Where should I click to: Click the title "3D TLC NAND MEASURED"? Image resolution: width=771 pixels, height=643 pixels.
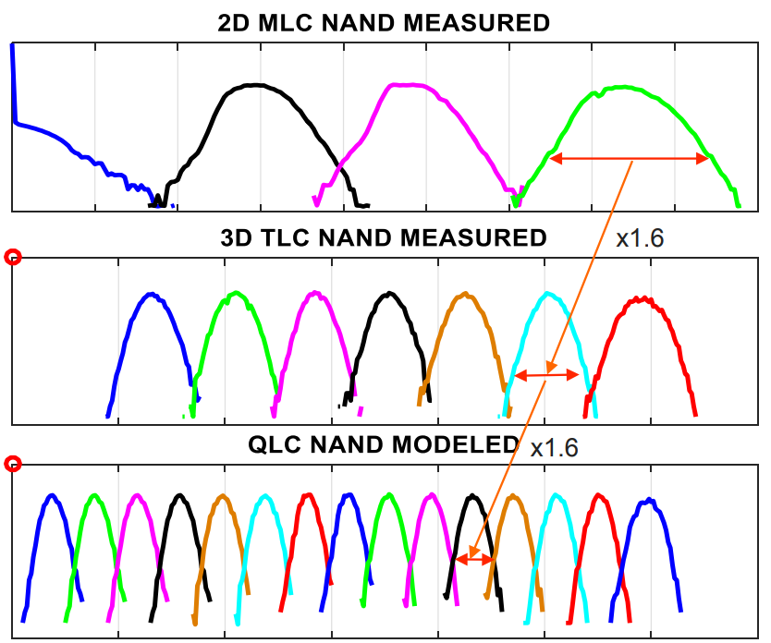click(384, 237)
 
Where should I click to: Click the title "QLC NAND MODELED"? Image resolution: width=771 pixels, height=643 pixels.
click(384, 444)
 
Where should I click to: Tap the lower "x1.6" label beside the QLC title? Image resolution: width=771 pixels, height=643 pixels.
click(555, 448)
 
